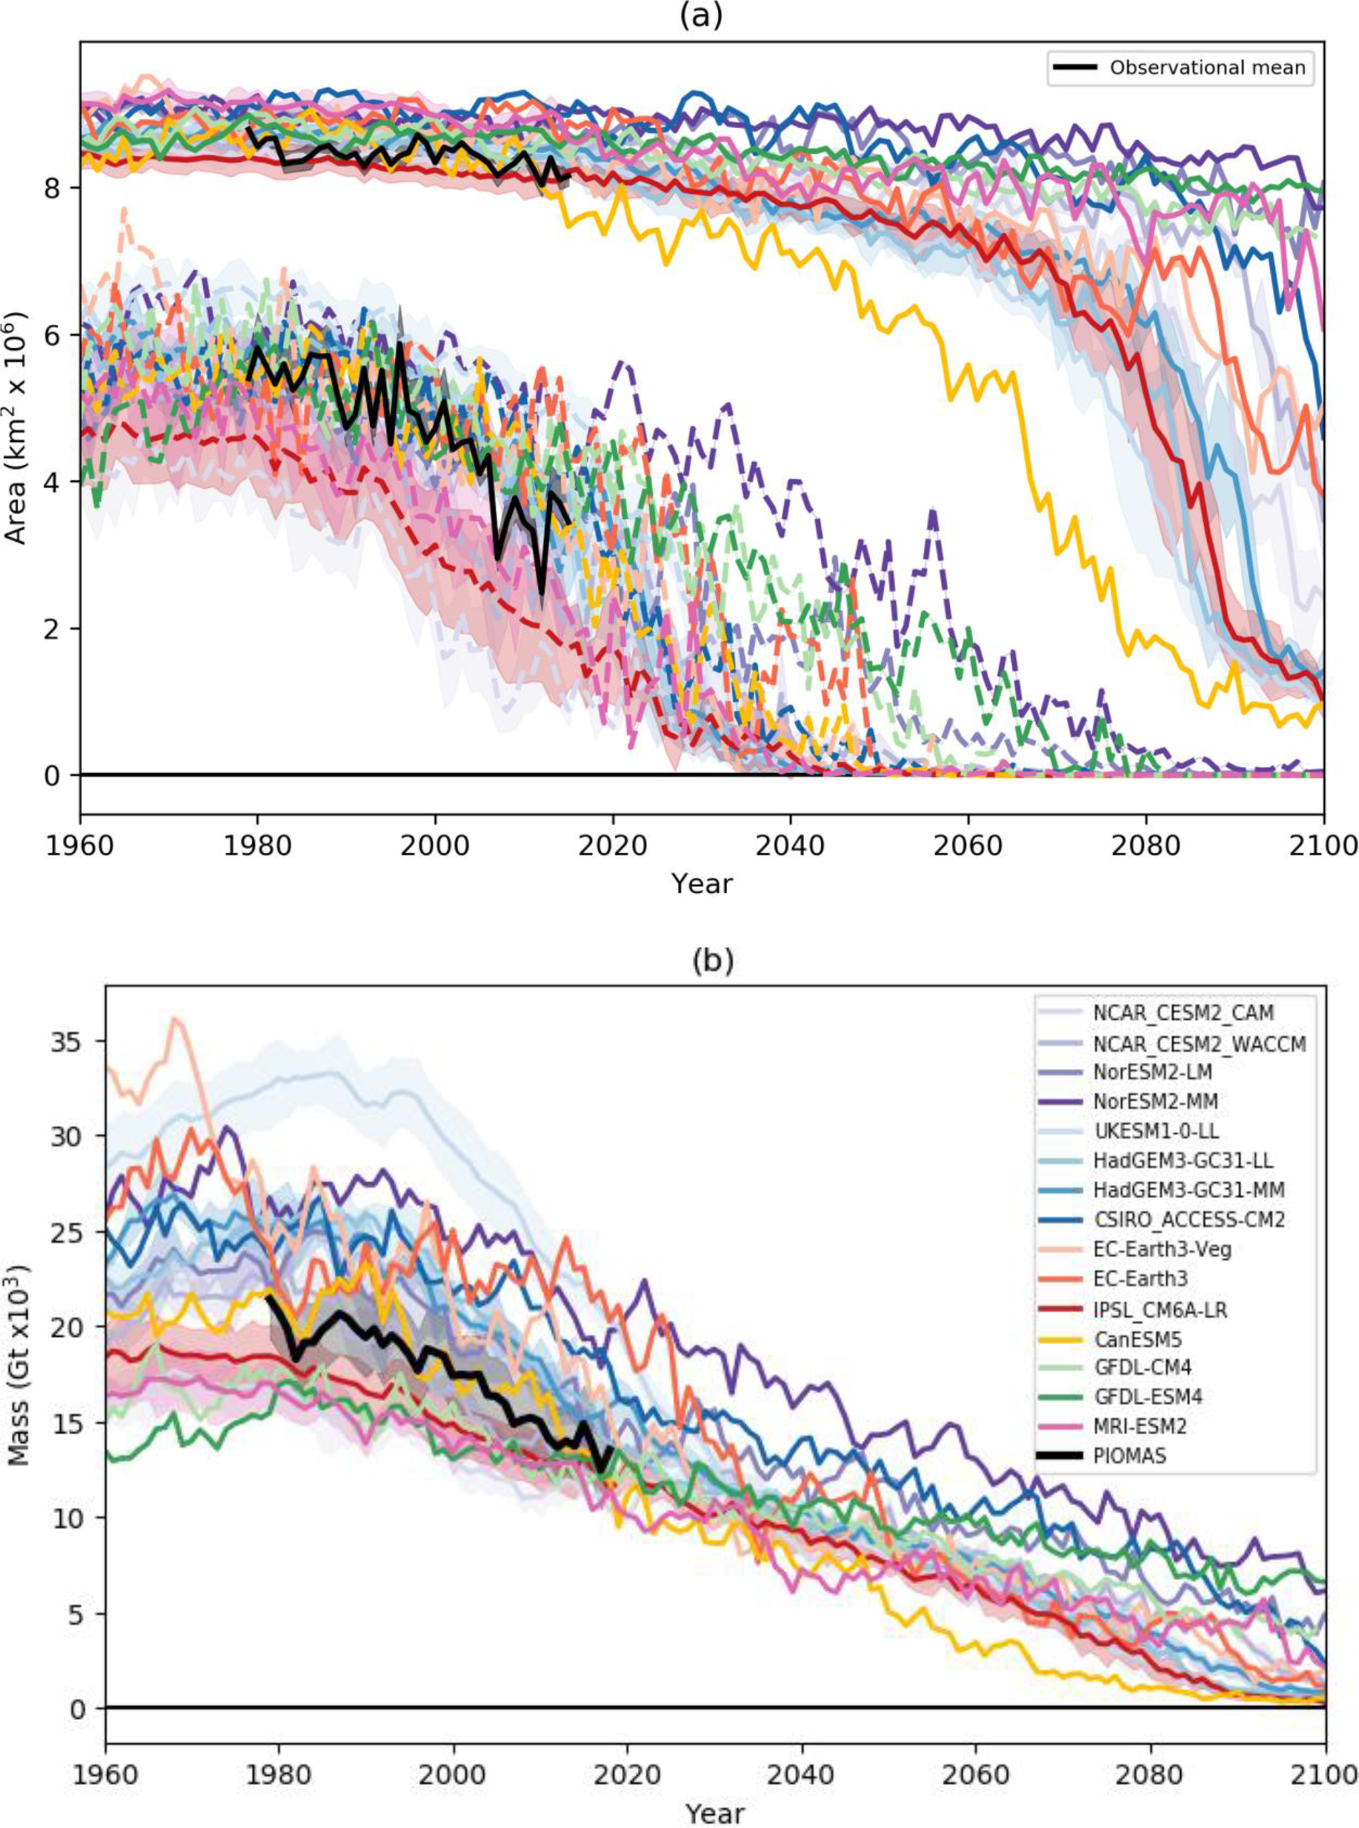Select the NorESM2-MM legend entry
pos(1146,1101)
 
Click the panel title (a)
pos(701,17)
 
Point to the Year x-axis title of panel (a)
pos(701,884)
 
